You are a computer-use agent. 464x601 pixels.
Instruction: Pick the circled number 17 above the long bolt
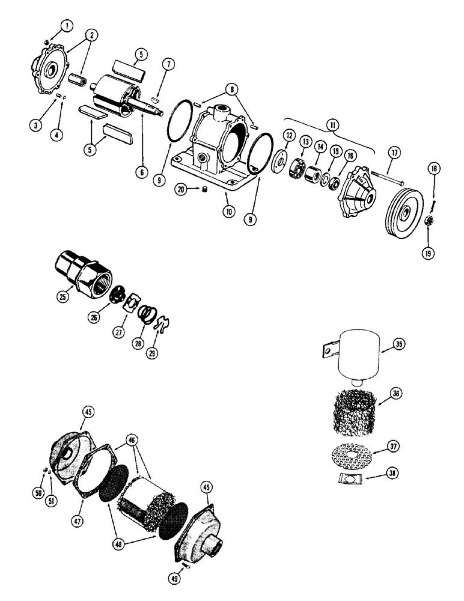click(394, 153)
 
